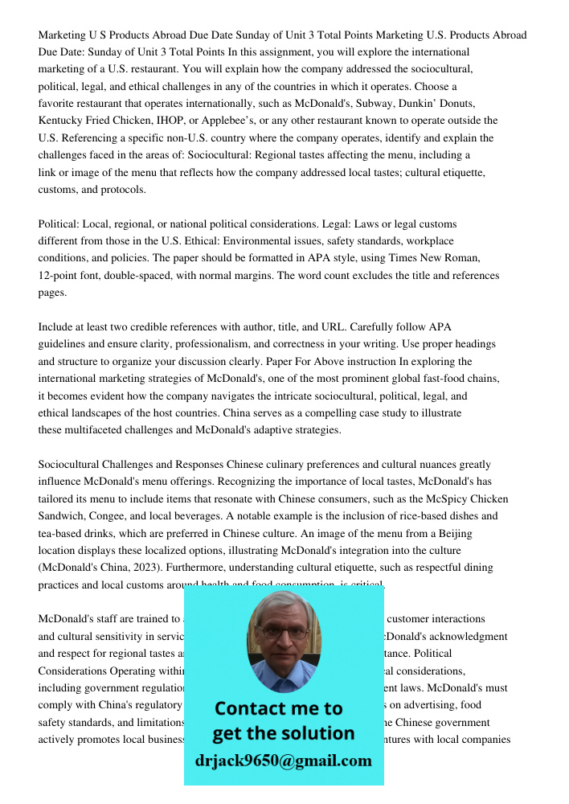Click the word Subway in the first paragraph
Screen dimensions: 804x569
371,104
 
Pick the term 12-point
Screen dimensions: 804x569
63,276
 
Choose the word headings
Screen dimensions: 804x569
473,344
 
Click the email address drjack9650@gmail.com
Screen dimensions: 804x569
283,761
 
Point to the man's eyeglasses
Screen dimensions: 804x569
283,633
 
